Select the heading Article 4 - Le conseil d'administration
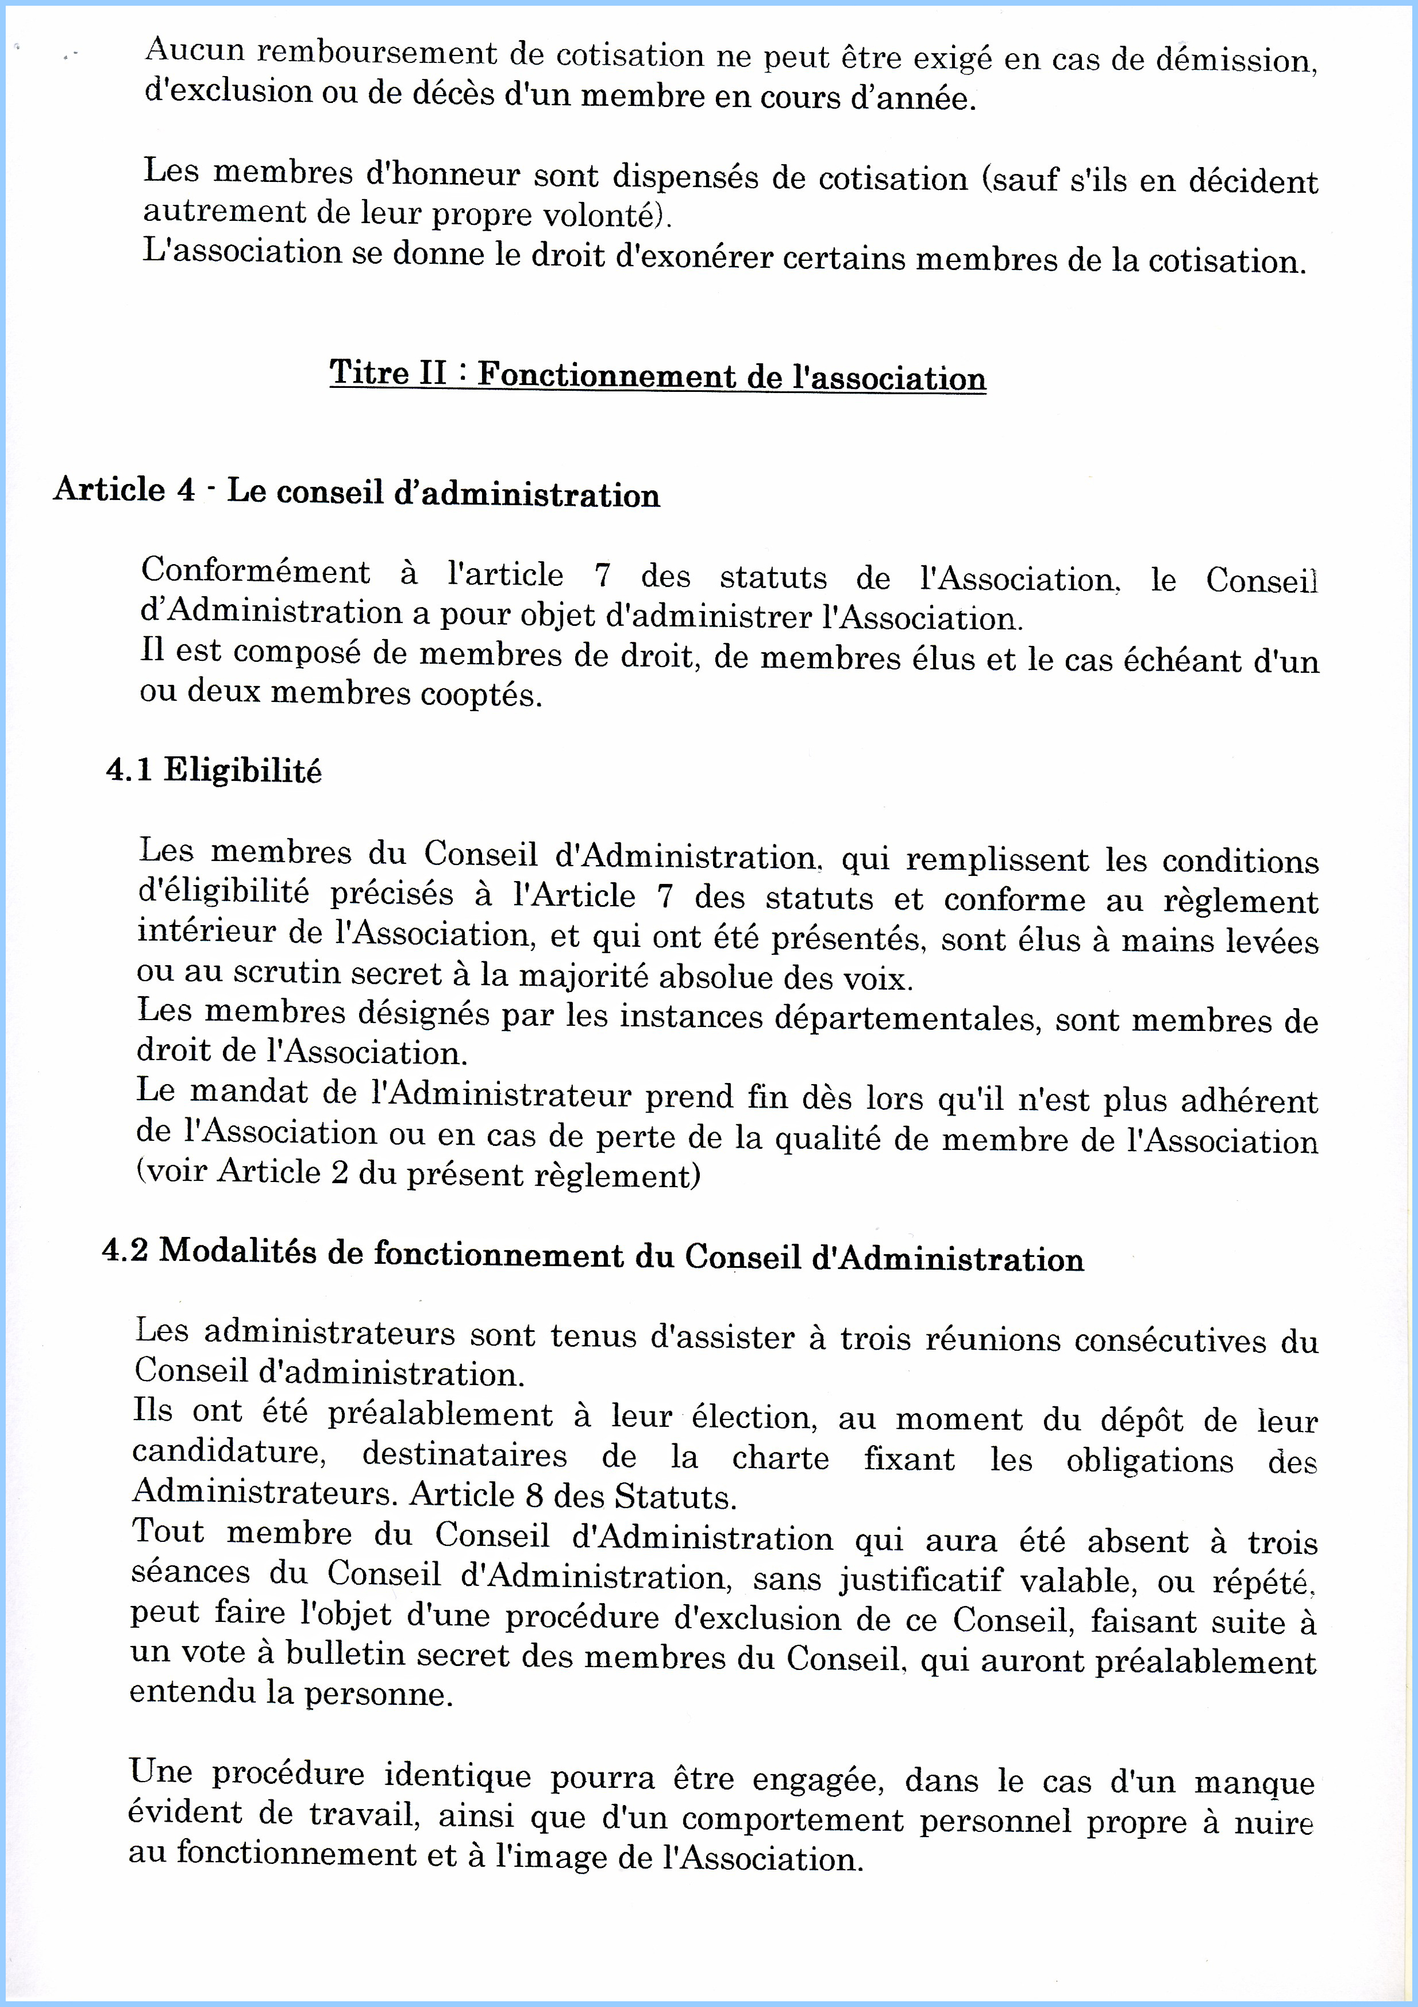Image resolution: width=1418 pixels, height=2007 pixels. (x=356, y=492)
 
